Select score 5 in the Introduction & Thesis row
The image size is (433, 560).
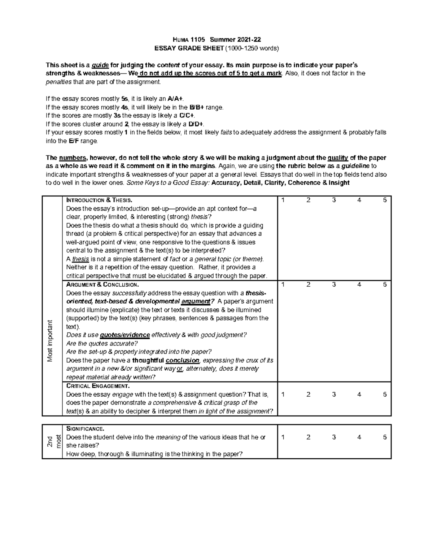385,200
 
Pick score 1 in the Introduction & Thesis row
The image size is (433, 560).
283,200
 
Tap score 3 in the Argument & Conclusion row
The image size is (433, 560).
334,285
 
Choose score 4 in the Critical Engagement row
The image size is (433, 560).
359,394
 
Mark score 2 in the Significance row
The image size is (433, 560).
308,437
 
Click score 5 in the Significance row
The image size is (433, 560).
385,437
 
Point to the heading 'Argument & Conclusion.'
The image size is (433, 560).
102,285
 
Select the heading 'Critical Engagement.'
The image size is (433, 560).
98,386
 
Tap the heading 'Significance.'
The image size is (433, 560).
85,429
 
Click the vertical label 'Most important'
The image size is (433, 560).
50,341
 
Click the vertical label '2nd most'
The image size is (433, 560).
54,441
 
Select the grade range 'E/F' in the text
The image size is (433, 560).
74,141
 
